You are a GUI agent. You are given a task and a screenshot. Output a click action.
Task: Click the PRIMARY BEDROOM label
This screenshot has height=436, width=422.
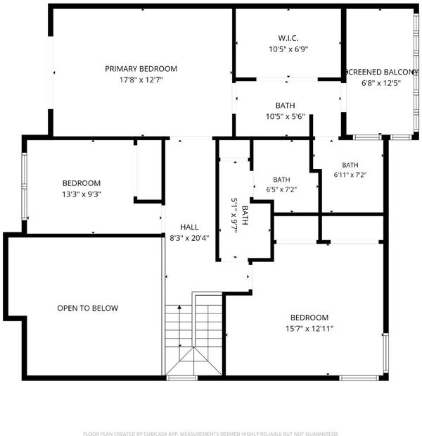[141, 69]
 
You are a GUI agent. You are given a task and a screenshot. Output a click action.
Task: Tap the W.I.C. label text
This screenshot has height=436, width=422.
[288, 38]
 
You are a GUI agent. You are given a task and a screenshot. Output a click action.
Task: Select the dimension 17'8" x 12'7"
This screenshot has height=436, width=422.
[141, 80]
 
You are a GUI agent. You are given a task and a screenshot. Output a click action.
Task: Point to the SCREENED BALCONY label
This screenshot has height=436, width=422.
[381, 72]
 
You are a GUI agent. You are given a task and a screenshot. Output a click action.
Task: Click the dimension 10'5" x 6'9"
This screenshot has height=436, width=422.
[288, 49]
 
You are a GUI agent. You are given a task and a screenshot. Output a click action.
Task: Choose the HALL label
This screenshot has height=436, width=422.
[189, 228]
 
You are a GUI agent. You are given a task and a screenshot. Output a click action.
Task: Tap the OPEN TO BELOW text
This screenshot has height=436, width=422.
[88, 308]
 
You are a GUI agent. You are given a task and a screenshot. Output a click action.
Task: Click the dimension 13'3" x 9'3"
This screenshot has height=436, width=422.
[82, 194]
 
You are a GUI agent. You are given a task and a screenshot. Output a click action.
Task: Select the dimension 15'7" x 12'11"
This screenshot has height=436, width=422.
[309, 329]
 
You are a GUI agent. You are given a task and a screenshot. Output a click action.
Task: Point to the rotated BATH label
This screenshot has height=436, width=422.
[245, 215]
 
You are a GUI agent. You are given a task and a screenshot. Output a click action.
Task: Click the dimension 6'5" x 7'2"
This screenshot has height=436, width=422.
[281, 189]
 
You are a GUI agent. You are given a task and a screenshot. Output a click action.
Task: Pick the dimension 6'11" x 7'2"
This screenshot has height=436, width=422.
[350, 175]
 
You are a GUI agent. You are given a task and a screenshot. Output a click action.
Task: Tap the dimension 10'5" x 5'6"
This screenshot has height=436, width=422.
[286, 116]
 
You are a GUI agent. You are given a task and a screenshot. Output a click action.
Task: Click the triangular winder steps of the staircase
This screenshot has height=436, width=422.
[194, 361]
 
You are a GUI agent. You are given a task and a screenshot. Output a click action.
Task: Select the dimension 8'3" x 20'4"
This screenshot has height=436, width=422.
[189, 238]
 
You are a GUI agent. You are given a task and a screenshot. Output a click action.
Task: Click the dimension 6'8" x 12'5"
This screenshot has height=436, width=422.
[381, 83]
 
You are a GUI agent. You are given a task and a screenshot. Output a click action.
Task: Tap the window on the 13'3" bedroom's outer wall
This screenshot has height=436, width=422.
[25, 186]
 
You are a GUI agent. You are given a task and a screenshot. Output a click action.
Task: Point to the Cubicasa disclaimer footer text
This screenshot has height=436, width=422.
[211, 433]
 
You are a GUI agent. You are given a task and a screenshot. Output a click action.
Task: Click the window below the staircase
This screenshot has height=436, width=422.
[182, 378]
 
